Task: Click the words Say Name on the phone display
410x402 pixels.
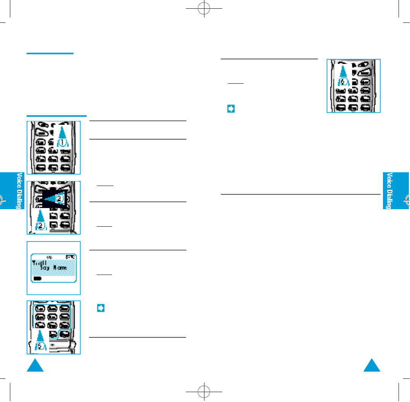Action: pyautogui.click(x=54, y=268)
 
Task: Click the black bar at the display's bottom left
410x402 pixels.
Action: pyautogui.click(x=37, y=278)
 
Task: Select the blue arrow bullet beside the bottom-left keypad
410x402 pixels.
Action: pyautogui.click(x=101, y=308)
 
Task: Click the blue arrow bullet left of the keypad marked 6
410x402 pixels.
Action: pyautogui.click(x=231, y=109)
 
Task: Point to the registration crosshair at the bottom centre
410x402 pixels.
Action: pyautogui.click(x=205, y=392)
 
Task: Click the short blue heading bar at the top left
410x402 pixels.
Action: pyautogui.click(x=50, y=54)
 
